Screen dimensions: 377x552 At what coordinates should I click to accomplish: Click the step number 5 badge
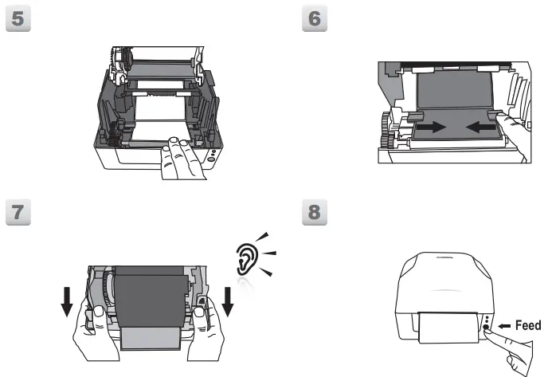[18, 19]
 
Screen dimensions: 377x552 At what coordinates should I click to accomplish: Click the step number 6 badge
[316, 19]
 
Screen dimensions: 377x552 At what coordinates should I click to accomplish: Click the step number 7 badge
[18, 213]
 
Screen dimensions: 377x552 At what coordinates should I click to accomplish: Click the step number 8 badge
[316, 213]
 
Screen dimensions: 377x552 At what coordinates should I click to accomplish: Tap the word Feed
[528, 325]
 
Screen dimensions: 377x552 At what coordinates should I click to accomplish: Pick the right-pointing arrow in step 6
[436, 126]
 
